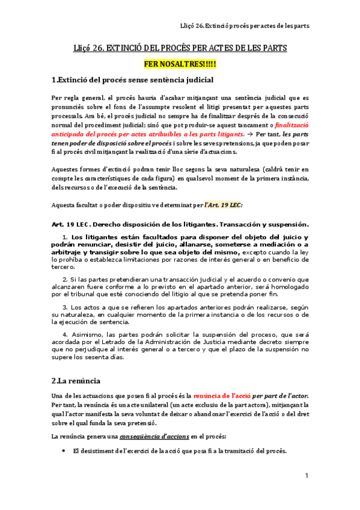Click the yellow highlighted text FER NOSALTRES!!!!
pos(180,63)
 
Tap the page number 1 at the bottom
pos(307,476)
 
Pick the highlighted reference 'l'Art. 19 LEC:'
pos(224,205)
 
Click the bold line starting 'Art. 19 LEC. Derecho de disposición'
pos(180,224)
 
